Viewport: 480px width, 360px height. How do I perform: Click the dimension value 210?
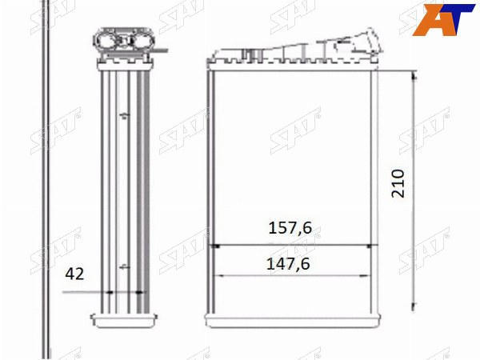[x=398, y=183]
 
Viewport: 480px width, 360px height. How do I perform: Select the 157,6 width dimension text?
[x=290, y=228]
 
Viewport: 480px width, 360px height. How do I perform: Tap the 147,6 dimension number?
[x=288, y=264]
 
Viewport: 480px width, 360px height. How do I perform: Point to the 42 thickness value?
[x=74, y=274]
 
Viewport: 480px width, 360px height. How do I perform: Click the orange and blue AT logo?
[x=443, y=19]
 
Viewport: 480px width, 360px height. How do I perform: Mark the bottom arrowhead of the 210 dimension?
[x=414, y=306]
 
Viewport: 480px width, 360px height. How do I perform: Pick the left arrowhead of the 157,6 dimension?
[x=215, y=246]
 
